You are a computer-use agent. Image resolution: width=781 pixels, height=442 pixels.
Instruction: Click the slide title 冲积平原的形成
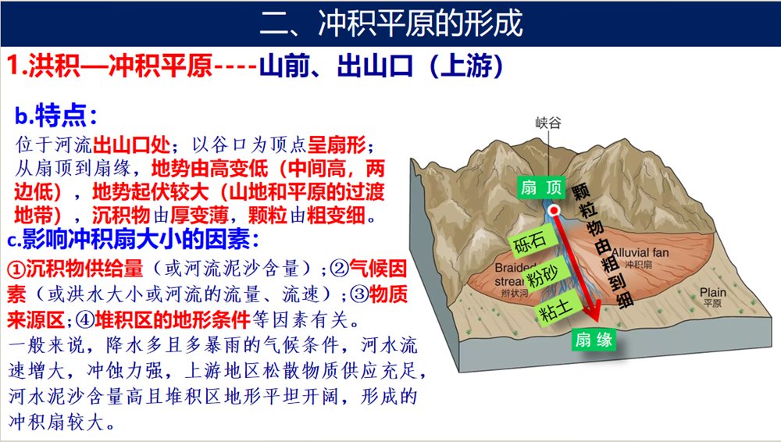click(x=420, y=23)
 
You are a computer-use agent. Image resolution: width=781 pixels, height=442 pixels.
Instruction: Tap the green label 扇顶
click(x=541, y=187)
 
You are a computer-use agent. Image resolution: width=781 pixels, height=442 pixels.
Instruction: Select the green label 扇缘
click(x=594, y=340)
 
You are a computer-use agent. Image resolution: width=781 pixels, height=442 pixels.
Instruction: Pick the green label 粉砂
click(x=544, y=273)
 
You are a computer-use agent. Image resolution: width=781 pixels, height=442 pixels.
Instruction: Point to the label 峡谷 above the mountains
click(x=548, y=123)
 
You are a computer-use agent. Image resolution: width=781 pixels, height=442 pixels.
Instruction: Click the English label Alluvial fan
click(x=640, y=253)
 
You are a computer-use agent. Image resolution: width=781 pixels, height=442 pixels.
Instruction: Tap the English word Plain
click(x=713, y=293)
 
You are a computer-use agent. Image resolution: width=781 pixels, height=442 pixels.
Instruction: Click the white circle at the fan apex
click(x=554, y=211)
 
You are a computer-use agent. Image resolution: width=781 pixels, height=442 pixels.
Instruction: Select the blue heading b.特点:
click(x=55, y=116)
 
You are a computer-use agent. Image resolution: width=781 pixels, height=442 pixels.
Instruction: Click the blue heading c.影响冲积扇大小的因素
click(x=134, y=240)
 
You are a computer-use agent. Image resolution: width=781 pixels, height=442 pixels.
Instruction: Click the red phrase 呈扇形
click(x=337, y=145)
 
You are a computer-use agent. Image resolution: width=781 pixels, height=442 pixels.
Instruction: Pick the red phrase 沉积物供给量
click(x=75, y=269)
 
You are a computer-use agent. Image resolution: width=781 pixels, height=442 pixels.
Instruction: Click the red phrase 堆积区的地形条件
click(x=162, y=319)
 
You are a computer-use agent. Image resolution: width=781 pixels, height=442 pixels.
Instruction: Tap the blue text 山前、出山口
click(x=336, y=66)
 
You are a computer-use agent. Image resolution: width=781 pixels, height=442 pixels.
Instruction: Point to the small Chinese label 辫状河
click(x=515, y=294)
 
